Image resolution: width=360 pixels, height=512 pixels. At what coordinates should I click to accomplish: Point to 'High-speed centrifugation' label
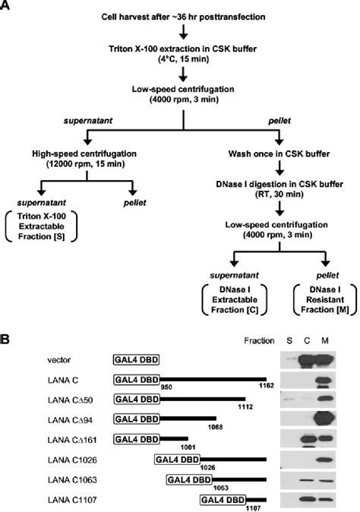tap(85, 153)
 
